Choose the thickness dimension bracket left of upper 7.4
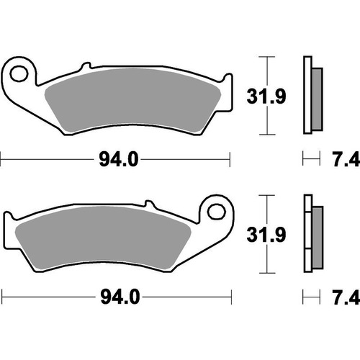(310, 158)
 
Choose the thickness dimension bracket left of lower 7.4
(310, 296)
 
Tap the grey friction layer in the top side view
(317, 94)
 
